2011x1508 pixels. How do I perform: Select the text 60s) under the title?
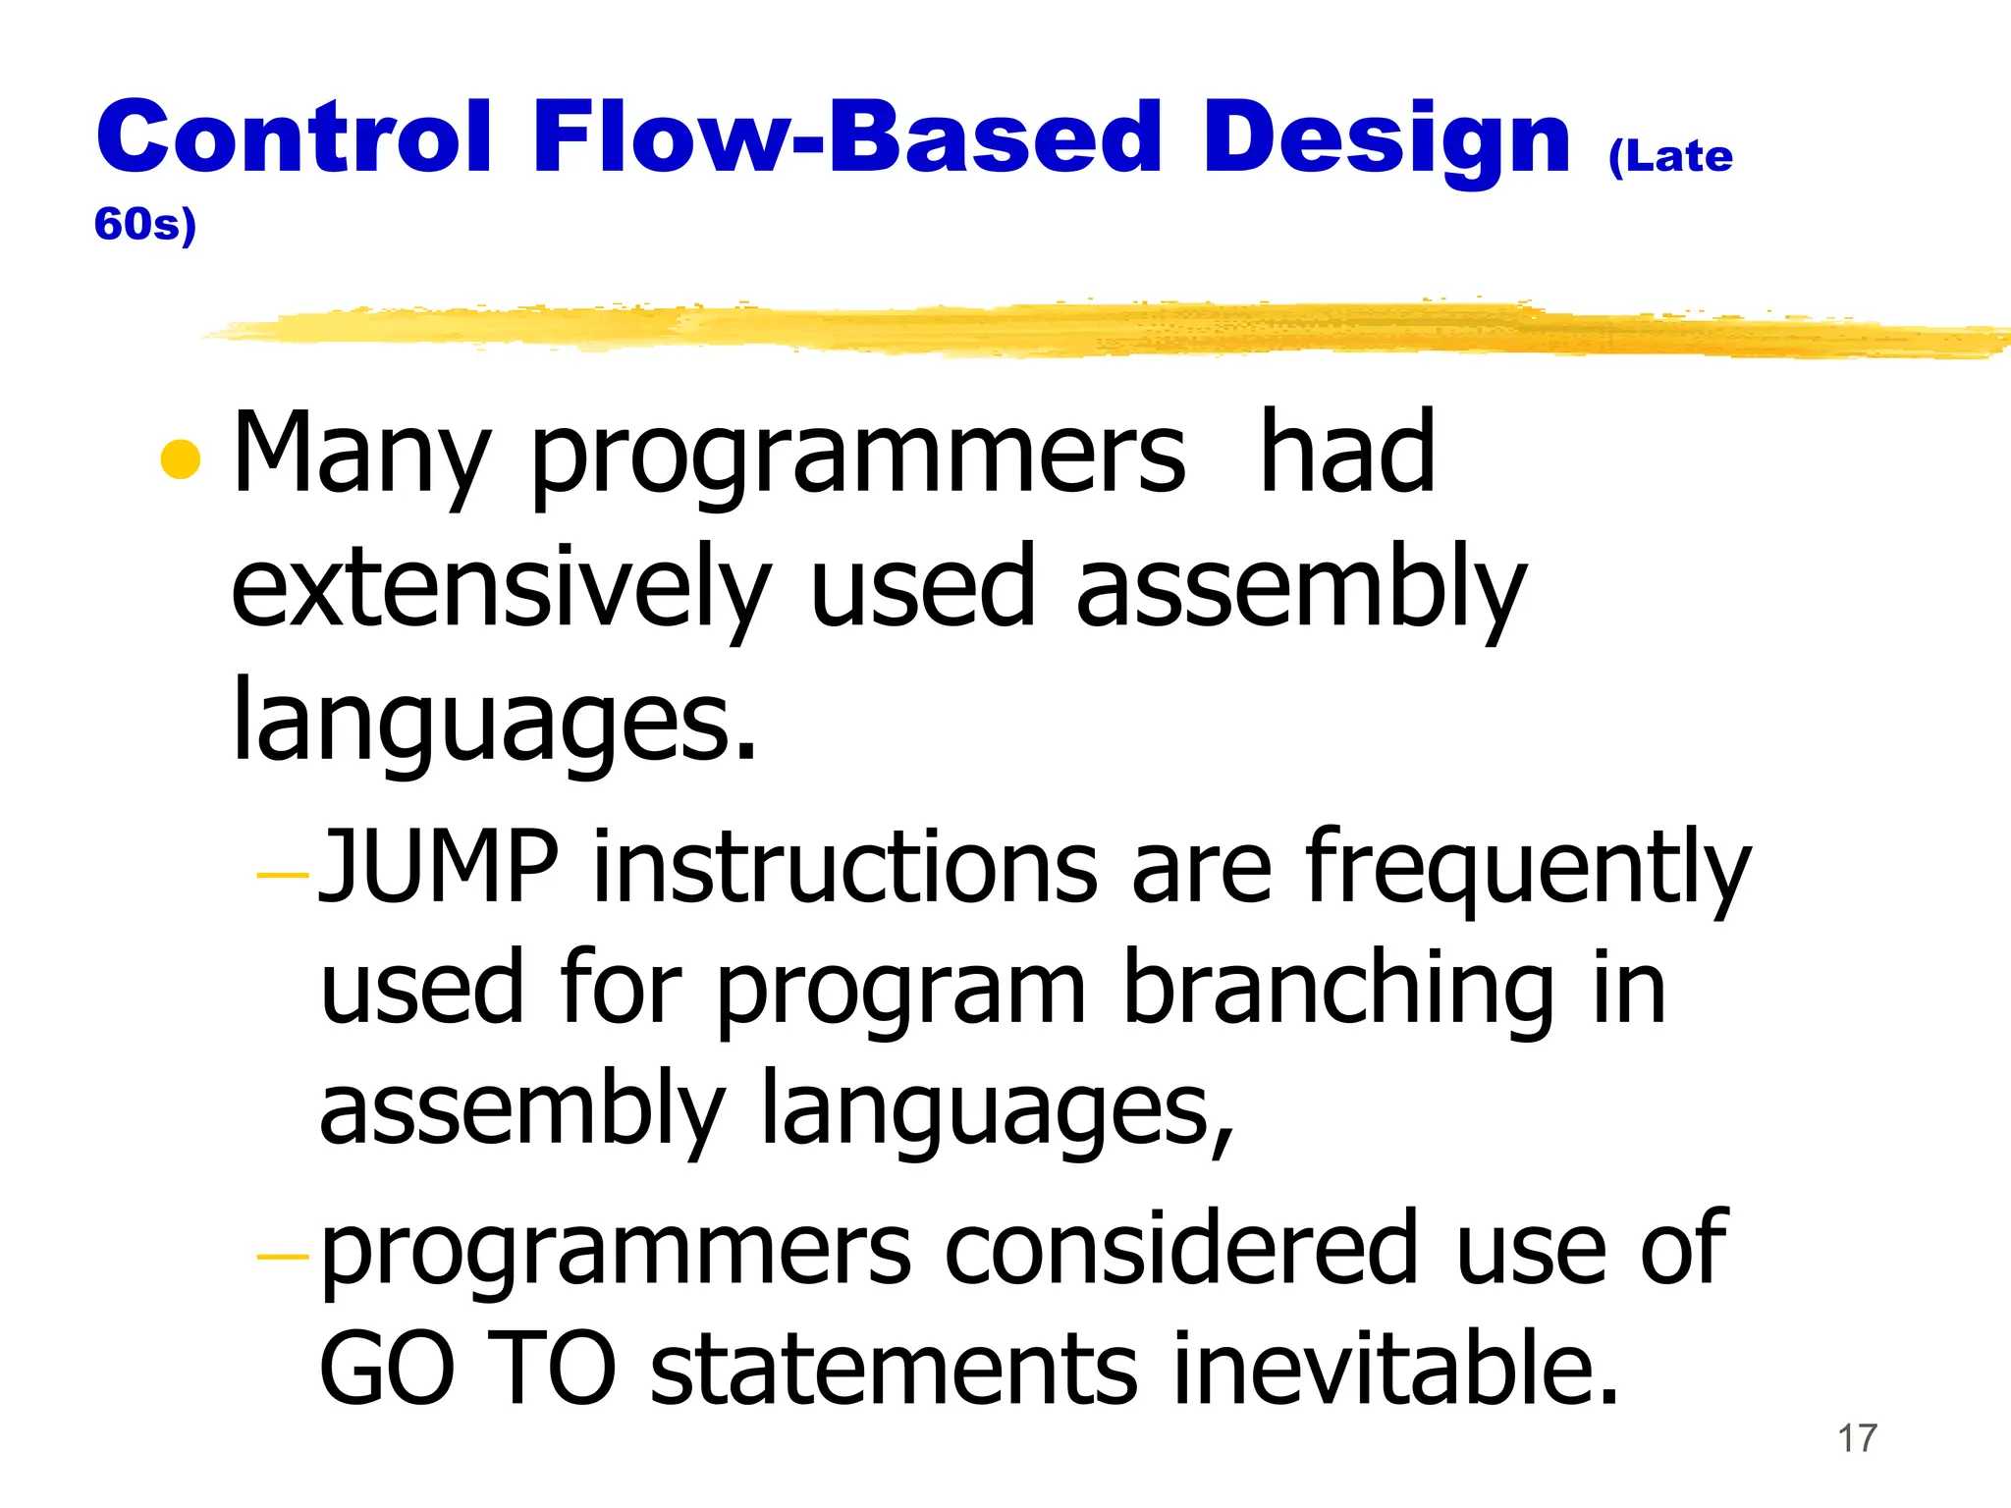pos(145,225)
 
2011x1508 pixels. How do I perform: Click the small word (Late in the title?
pos(1670,157)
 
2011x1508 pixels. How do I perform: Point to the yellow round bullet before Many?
pos(181,458)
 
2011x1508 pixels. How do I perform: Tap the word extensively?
pos(501,589)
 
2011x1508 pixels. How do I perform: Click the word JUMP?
pos(439,866)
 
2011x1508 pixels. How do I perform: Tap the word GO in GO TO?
pos(387,1370)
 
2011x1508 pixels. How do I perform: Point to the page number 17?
pos(1857,1439)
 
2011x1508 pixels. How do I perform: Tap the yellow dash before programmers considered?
pos(283,1256)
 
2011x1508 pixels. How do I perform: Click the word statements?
pos(894,1370)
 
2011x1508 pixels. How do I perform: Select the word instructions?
pos(845,866)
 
